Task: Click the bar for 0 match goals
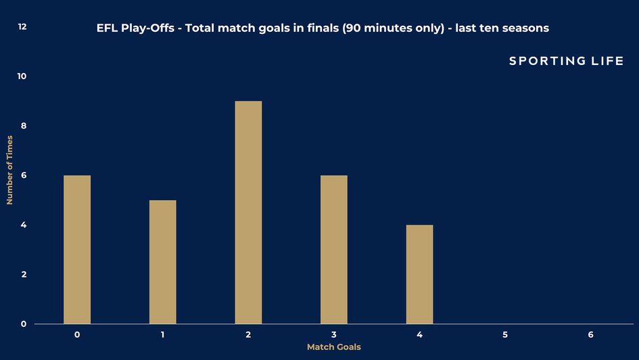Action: tap(77, 250)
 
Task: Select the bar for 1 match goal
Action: tap(162, 262)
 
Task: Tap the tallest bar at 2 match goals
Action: tap(248, 212)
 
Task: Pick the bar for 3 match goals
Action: tap(334, 250)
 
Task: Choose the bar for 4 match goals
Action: tap(419, 274)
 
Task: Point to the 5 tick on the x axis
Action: tap(505, 335)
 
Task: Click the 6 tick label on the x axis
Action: tap(590, 335)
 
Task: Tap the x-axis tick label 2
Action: tap(248, 335)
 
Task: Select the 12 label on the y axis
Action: tap(22, 26)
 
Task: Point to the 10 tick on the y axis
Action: tap(22, 76)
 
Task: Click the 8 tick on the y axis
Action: tap(24, 126)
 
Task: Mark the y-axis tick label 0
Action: tap(24, 324)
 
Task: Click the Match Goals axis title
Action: tap(334, 347)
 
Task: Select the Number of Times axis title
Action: tap(9, 170)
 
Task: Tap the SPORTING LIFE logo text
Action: tap(567, 61)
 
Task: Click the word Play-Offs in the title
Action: tap(147, 28)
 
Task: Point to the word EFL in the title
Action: tap(108, 28)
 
